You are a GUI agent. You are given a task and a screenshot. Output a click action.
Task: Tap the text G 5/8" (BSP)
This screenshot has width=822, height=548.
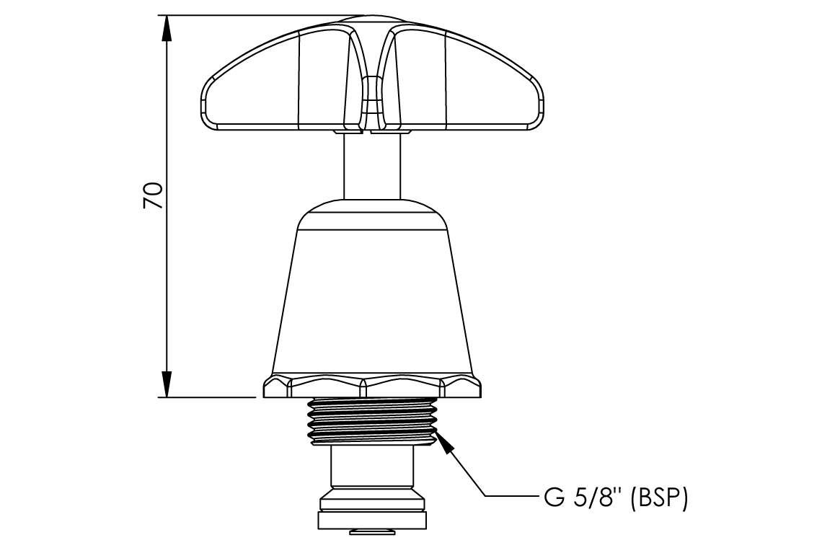click(x=612, y=498)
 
